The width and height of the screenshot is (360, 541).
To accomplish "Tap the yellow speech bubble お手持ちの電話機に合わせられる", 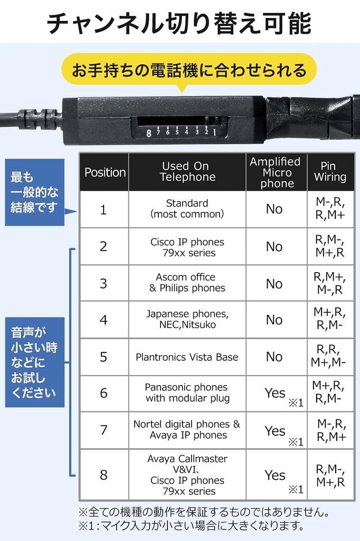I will pyautogui.click(x=188, y=70).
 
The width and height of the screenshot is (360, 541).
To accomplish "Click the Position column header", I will pyautogui.click(x=105, y=172).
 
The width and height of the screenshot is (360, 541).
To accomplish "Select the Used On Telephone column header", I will pyautogui.click(x=187, y=172).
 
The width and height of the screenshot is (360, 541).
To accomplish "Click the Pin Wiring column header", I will pyautogui.click(x=330, y=172).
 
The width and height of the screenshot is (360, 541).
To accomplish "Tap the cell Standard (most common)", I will pyautogui.click(x=187, y=209).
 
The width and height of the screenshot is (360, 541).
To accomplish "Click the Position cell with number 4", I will pyautogui.click(x=103, y=320).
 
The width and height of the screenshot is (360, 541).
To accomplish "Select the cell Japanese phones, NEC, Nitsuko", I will pyautogui.click(x=187, y=319).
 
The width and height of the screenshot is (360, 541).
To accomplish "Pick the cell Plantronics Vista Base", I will pyautogui.click(x=187, y=357).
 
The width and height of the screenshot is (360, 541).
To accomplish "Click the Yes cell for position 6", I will pyautogui.click(x=275, y=393).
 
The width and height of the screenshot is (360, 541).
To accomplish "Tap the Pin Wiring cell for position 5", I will pyautogui.click(x=330, y=356).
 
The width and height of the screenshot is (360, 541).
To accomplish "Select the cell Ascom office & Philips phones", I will pyautogui.click(x=187, y=283).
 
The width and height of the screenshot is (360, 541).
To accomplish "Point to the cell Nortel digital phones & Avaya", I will pyautogui.click(x=187, y=430).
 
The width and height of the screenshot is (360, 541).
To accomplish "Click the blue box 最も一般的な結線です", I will pyautogui.click(x=34, y=192).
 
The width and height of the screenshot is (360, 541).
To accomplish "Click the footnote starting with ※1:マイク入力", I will pyautogui.click(x=191, y=525).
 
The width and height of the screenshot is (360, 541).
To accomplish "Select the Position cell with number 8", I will pyautogui.click(x=103, y=474).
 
